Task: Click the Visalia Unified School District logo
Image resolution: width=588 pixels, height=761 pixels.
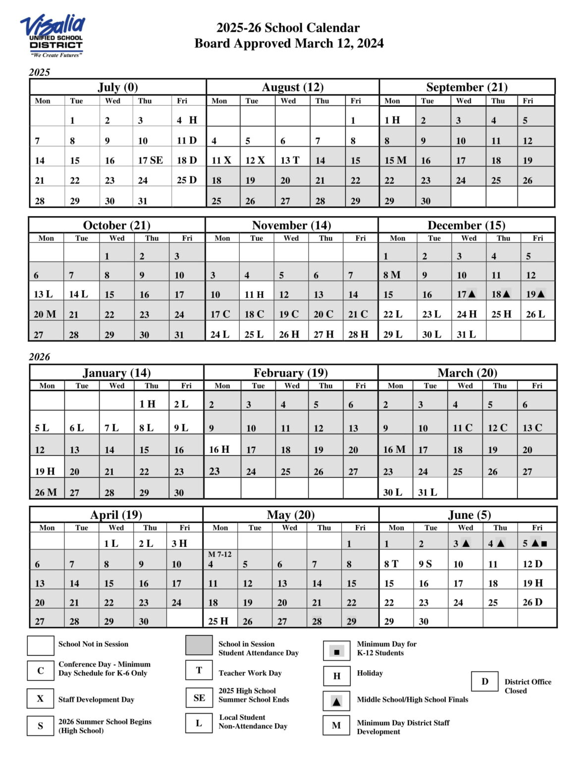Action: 53,36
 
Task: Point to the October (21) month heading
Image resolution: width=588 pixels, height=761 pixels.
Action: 116,225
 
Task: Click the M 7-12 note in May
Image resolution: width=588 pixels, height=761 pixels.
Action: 219,554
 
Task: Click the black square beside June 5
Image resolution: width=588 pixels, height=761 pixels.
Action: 544,544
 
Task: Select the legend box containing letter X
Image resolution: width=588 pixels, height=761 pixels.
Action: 41,699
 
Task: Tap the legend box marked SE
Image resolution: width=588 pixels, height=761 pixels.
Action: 199,698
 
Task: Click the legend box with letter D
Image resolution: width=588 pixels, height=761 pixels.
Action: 485,682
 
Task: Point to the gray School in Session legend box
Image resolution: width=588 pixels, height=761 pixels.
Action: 199,646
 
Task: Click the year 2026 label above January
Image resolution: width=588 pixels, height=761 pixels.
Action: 40,357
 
